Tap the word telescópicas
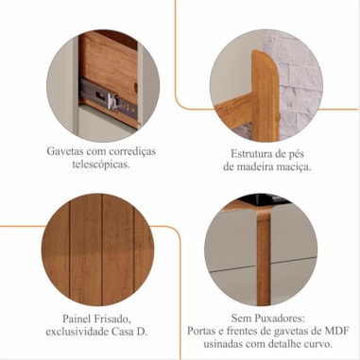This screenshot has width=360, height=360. pyautogui.click(x=101, y=164)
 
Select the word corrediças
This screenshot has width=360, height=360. pyautogui.click(x=132, y=151)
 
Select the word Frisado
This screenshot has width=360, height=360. pyautogui.click(x=111, y=318)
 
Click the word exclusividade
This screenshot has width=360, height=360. pyautogui.click(x=77, y=332)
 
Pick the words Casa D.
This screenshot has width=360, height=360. pyautogui.click(x=129, y=332)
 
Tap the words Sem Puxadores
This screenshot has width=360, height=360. pyautogui.click(x=268, y=318)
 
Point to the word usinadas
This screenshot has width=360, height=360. pyautogui.click(x=223, y=344)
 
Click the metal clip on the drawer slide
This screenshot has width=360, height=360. pyautogui.click(x=112, y=101)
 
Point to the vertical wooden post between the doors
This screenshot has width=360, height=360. pyautogui.click(x=264, y=257)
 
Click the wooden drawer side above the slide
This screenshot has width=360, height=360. pyautogui.click(x=109, y=64)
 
